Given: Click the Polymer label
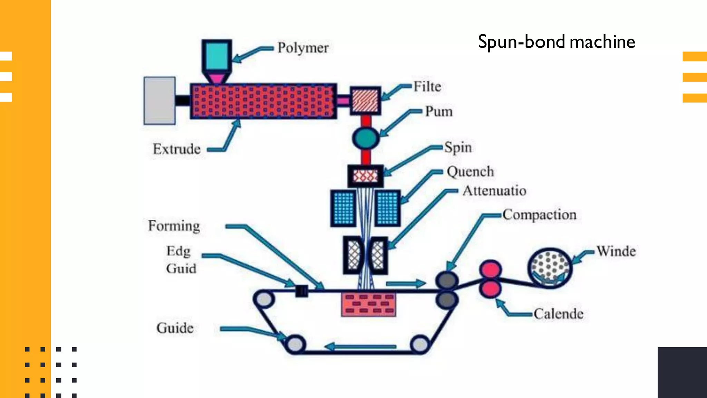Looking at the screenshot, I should [x=303, y=48].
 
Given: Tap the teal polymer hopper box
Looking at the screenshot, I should [x=216, y=56].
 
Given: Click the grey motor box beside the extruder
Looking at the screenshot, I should [x=159, y=101].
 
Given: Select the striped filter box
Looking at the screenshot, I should [x=365, y=101].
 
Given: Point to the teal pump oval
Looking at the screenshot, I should [x=366, y=138].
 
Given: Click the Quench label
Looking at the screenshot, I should [x=470, y=172].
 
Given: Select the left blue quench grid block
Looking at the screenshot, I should [x=343, y=208].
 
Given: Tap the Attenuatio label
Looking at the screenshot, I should [x=494, y=191].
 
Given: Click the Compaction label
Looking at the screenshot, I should [x=539, y=215].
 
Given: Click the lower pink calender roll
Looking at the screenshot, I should [x=490, y=289].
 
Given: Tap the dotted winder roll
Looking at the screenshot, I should [x=550, y=268].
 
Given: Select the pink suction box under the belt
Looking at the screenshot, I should [x=368, y=304].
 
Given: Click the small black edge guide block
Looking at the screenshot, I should [x=301, y=291].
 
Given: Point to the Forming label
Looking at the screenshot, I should [x=174, y=226].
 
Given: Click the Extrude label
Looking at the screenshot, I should [x=176, y=149].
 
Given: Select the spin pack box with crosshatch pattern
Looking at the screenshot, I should [x=365, y=176].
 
